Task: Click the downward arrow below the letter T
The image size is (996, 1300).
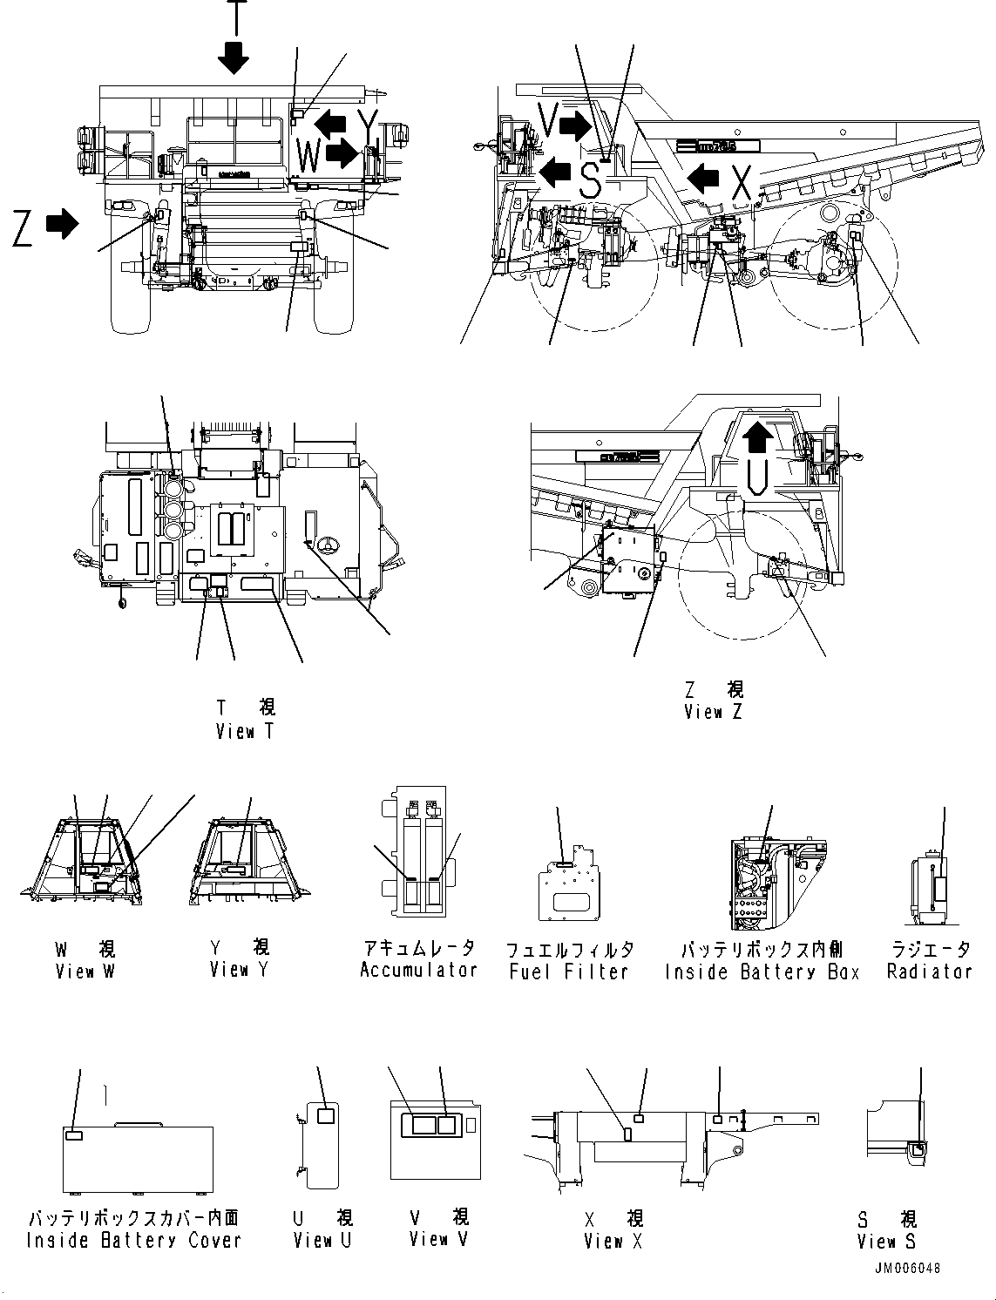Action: [x=234, y=57]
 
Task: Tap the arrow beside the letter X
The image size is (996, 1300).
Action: [x=703, y=180]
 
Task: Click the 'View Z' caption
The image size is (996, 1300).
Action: [x=713, y=712]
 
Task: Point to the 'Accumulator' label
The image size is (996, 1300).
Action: [x=419, y=970]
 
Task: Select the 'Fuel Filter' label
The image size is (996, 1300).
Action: [x=569, y=971]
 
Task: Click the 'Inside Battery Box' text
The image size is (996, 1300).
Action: [x=762, y=972]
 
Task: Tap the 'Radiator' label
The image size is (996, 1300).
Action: [x=929, y=971]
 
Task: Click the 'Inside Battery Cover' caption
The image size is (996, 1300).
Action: [x=133, y=1240]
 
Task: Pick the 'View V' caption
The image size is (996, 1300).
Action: [x=438, y=1238]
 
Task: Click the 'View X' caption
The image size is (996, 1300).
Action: [x=613, y=1241]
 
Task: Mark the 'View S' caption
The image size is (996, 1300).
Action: [x=886, y=1241]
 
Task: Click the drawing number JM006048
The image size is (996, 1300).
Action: [x=907, y=1269]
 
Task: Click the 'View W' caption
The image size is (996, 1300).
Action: [x=85, y=971]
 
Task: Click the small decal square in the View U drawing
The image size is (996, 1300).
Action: [x=327, y=1116]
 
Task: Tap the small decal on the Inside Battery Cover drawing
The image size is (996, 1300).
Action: [x=75, y=1135]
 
